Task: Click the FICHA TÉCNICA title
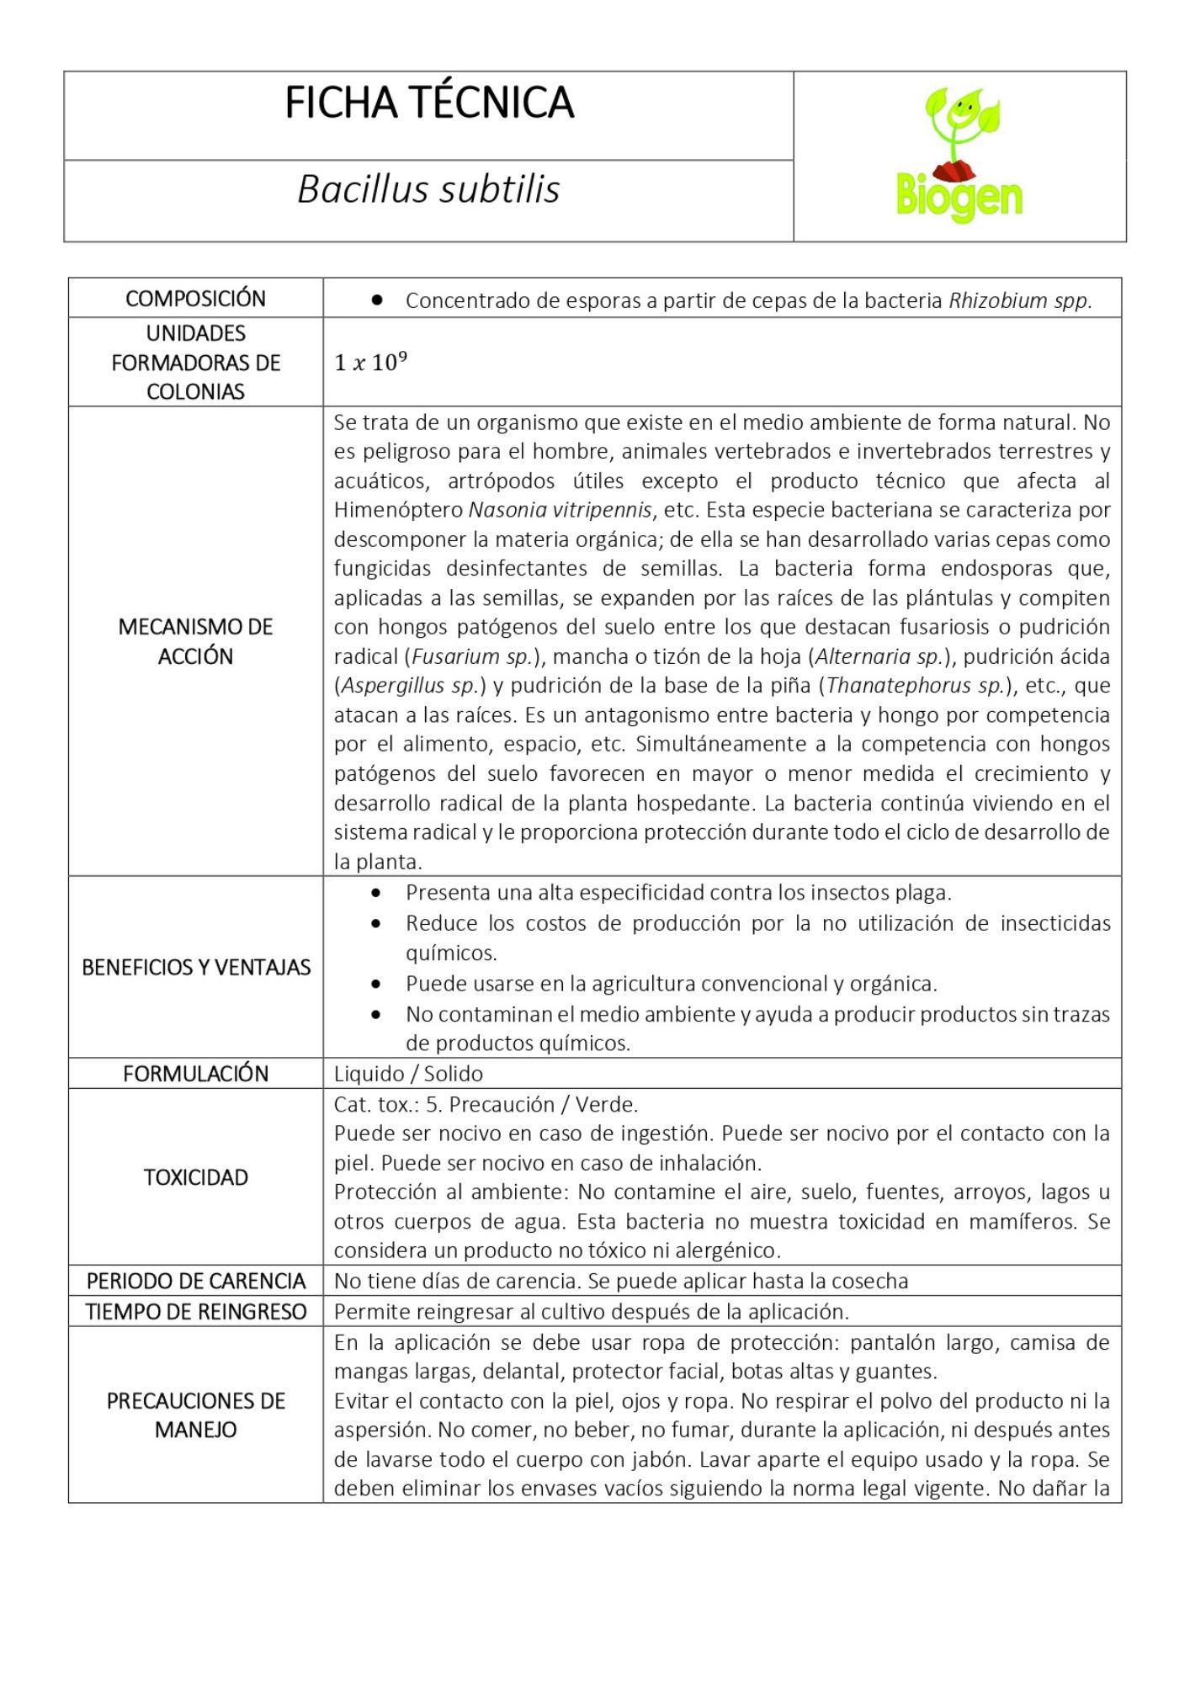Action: [429, 104]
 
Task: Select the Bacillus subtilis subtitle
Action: [428, 189]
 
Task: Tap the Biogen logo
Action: [959, 156]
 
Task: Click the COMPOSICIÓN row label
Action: [195, 299]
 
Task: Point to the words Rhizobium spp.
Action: [1019, 300]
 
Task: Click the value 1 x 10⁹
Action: [370, 363]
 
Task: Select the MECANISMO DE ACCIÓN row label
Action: [195, 641]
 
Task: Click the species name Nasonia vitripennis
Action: [560, 510]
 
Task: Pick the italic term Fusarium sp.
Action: [472, 656]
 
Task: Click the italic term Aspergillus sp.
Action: [410, 686]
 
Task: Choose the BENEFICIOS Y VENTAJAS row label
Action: [195, 968]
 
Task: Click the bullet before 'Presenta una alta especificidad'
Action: [376, 892]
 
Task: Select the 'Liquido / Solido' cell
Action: [408, 1074]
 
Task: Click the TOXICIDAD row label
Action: [195, 1177]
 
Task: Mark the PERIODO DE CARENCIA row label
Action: [195, 1281]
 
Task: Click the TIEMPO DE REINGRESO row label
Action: [195, 1312]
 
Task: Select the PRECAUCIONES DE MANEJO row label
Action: [195, 1415]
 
